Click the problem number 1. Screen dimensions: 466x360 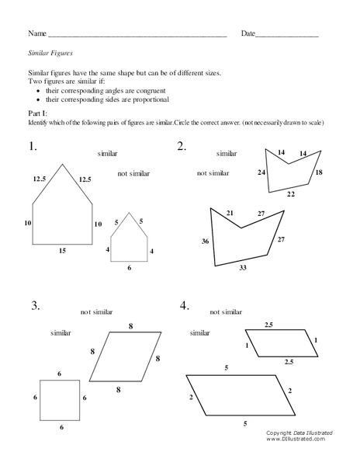click(x=32, y=146)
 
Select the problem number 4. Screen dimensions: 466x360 click(x=184, y=306)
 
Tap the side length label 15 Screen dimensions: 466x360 click(x=61, y=251)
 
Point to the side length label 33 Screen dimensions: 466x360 click(x=242, y=268)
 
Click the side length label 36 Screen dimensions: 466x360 click(x=205, y=242)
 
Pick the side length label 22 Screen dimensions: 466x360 click(x=290, y=194)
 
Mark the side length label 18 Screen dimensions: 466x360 click(x=318, y=172)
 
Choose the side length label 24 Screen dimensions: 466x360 click(x=261, y=172)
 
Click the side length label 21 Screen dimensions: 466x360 click(x=230, y=212)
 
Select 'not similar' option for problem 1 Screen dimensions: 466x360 click(x=133, y=173)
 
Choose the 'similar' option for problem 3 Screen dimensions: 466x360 click(x=61, y=332)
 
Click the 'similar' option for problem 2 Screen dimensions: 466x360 click(x=227, y=154)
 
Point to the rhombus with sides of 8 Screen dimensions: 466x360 click(x=125, y=356)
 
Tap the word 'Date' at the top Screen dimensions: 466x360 click(x=247, y=34)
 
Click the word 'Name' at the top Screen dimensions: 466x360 click(x=36, y=34)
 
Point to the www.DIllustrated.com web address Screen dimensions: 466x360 click(x=295, y=439)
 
